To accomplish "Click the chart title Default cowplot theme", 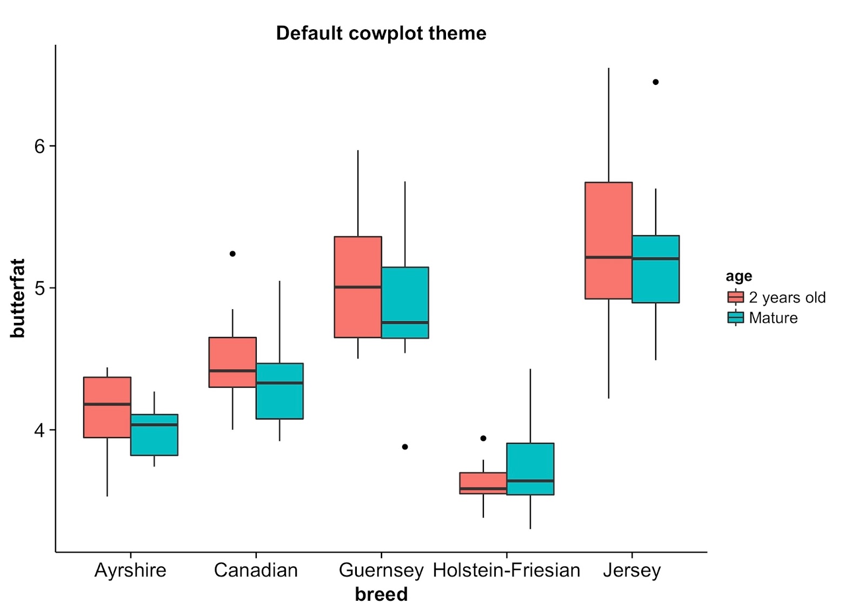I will click(x=381, y=34).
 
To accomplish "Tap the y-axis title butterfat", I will click(x=18, y=298).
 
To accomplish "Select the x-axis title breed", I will click(x=381, y=594).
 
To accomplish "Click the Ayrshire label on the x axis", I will click(x=130, y=570).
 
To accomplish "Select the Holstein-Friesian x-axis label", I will click(x=507, y=570).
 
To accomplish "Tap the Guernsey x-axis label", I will click(x=381, y=570).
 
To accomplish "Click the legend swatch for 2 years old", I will click(x=735, y=297).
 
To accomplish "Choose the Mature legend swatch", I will click(x=735, y=318).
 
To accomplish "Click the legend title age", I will click(x=738, y=276).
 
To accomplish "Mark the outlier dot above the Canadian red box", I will click(x=232, y=254).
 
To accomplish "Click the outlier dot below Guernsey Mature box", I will click(x=405, y=447).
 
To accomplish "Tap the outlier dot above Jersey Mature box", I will click(x=656, y=82).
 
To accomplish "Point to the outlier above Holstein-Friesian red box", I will click(x=483, y=439).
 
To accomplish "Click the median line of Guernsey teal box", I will click(x=405, y=322).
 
